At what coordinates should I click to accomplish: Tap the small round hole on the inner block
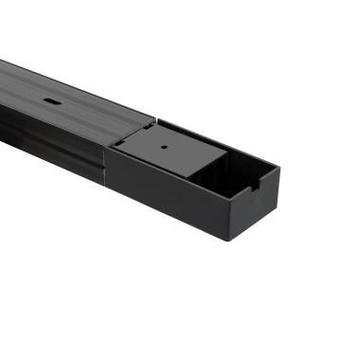pos(164,146)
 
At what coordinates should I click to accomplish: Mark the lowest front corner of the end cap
pos(230,239)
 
